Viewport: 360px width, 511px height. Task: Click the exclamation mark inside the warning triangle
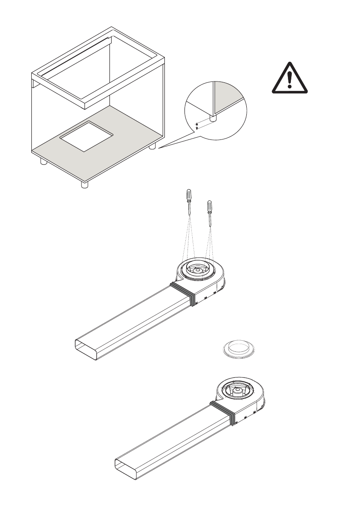tap(290, 79)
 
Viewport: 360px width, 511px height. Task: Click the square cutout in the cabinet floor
tap(86, 136)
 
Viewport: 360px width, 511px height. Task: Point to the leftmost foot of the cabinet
tap(43, 162)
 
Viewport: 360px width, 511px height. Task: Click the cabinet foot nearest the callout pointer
tap(152, 146)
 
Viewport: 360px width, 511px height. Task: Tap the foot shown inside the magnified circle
tap(213, 117)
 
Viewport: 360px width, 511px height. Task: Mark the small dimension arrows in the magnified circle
tap(197, 126)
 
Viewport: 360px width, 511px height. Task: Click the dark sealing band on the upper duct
tap(182, 293)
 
